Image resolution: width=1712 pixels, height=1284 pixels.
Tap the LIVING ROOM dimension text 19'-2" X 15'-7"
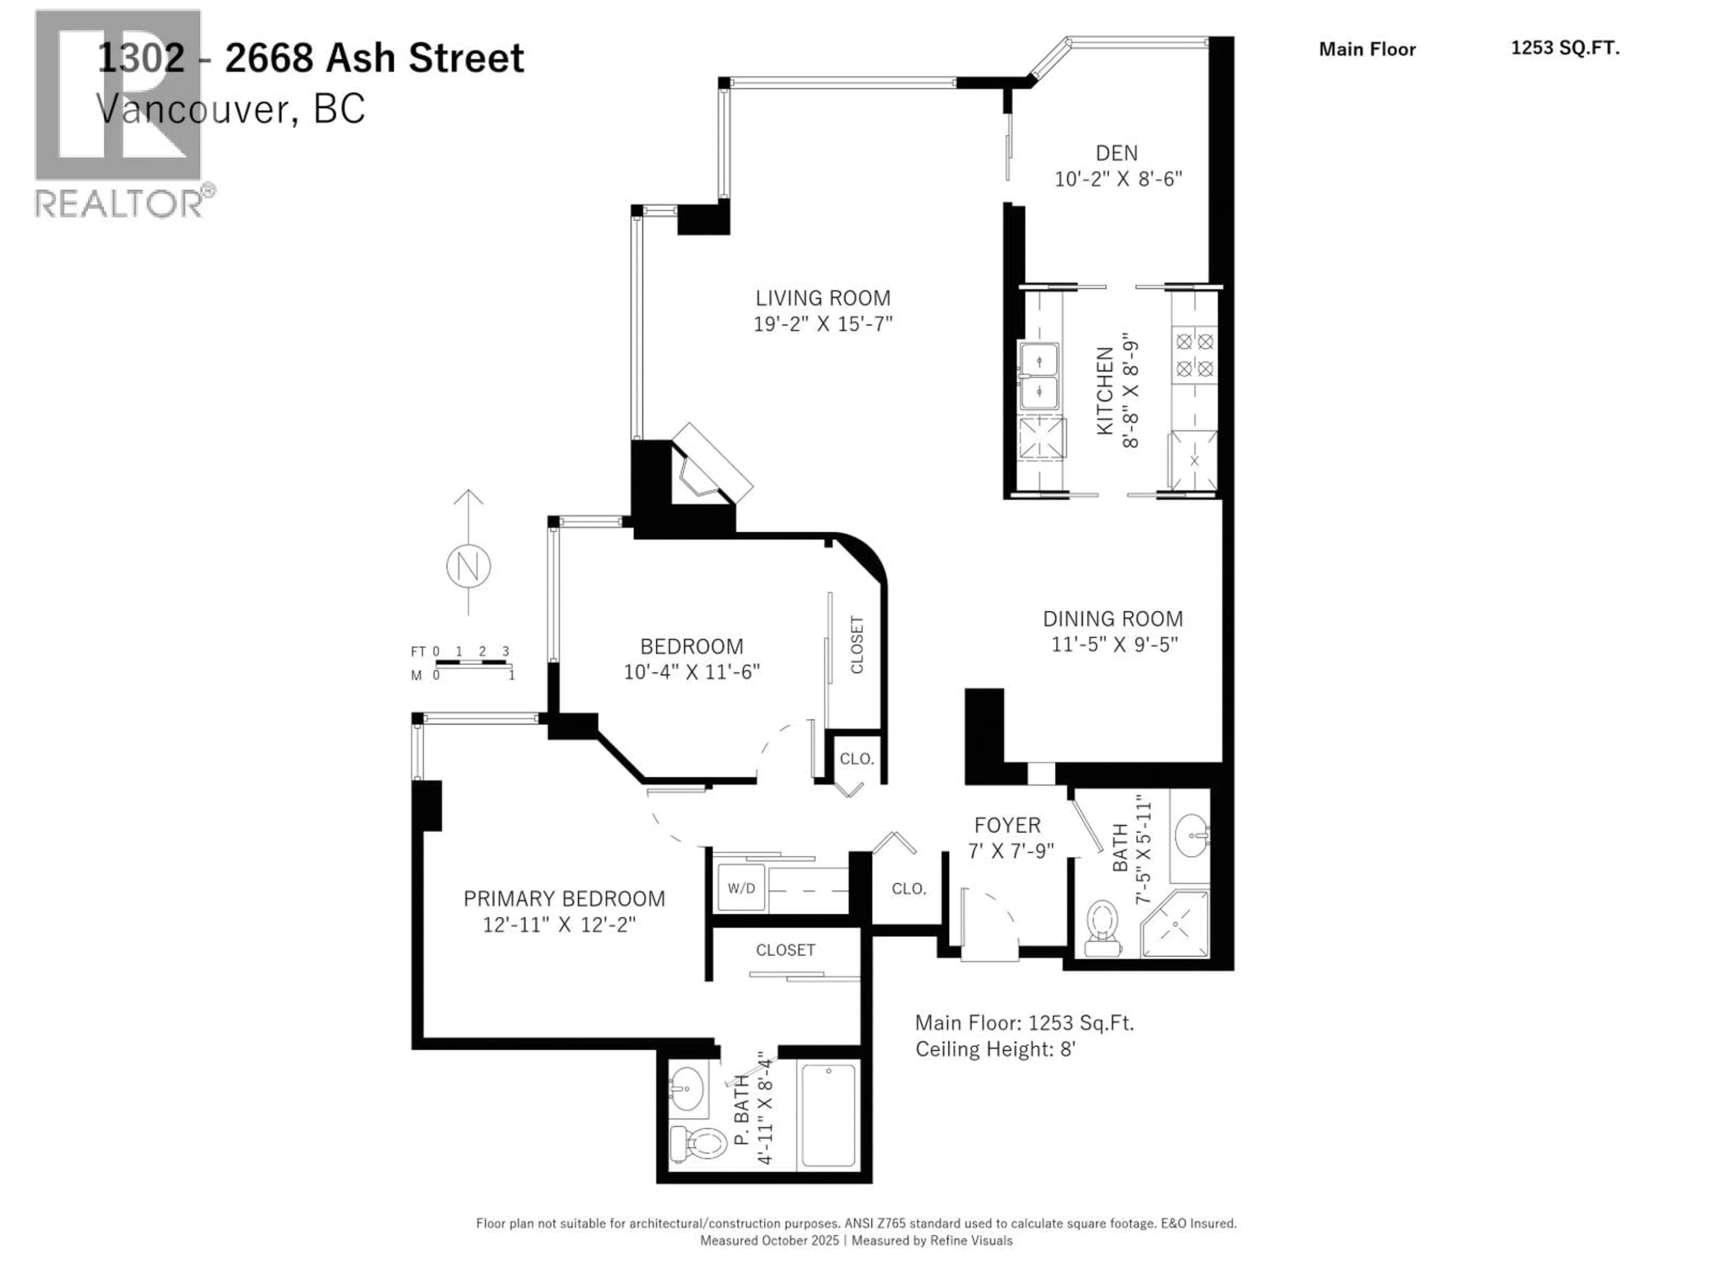pos(823,324)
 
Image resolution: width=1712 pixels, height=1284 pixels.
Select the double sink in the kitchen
pos(1039,376)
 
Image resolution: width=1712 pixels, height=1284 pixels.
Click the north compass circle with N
pos(468,567)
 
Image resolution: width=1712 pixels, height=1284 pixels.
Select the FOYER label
pos(1007,825)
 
